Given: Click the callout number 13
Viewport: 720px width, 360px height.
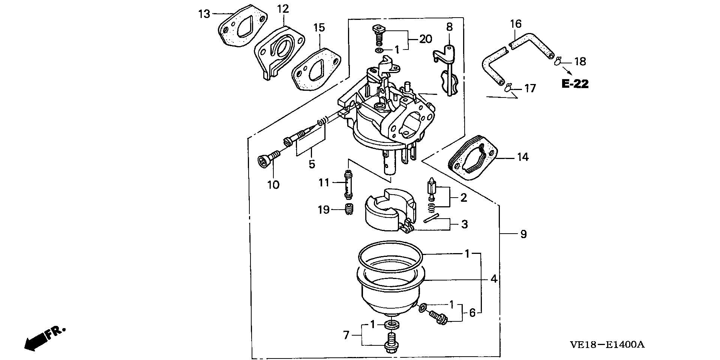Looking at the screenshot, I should click(x=204, y=14).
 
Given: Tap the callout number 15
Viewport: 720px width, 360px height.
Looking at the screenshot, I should click(x=319, y=27).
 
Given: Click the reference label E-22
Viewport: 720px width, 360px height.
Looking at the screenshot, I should click(x=575, y=84).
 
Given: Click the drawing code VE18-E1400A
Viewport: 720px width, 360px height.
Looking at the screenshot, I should click(x=607, y=345).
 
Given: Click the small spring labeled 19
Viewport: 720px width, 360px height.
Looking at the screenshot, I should click(x=87, y=209).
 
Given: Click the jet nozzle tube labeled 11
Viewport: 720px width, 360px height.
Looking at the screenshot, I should click(x=86, y=184).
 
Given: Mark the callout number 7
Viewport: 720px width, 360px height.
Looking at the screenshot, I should click(x=346, y=335).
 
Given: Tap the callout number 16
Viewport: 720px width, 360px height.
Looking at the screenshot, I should click(x=516, y=24).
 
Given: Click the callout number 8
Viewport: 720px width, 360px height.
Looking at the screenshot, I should click(x=449, y=27).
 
